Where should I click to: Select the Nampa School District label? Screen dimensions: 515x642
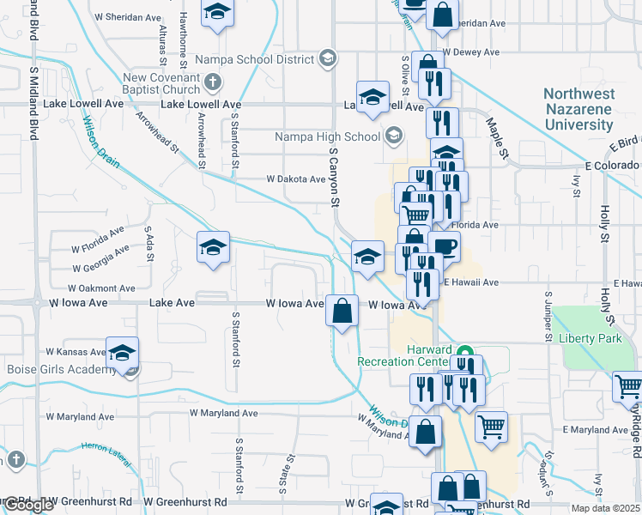pos(255,59)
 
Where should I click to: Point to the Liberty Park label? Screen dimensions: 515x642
pos(590,338)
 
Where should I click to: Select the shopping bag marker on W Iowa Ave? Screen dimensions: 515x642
pos(342,310)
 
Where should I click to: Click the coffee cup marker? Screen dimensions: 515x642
pos(445,247)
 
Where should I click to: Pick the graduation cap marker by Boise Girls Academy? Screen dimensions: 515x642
pos(123,353)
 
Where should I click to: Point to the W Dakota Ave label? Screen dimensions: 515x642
pos(296,179)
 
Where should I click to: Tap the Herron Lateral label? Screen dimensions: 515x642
pos(104,447)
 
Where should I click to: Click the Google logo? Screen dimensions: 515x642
pos(28,506)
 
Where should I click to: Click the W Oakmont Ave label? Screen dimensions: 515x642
pos(102,288)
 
